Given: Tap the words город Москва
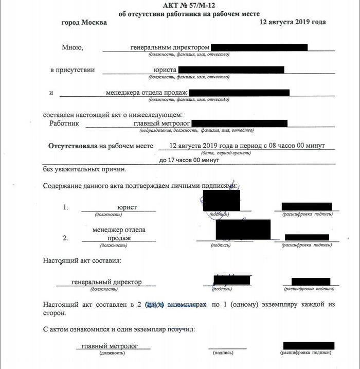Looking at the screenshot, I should (84, 23).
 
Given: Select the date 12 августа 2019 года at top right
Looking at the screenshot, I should (293, 22).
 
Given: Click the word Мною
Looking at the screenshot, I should (72, 47).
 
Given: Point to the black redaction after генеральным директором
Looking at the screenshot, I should (259, 47).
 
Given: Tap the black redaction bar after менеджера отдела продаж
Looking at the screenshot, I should (239, 93).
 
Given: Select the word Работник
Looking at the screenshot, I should (64, 124).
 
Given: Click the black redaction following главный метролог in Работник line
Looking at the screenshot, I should (239, 124).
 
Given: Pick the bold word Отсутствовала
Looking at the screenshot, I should (72, 146).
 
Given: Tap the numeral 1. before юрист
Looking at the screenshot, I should (66, 207).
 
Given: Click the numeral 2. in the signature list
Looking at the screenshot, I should (65, 238).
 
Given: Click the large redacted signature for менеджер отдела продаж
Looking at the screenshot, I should (243, 230).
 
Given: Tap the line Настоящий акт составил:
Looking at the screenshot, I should (82, 261).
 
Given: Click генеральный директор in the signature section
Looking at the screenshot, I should (106, 282).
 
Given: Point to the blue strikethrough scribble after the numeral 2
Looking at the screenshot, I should (154, 305).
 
